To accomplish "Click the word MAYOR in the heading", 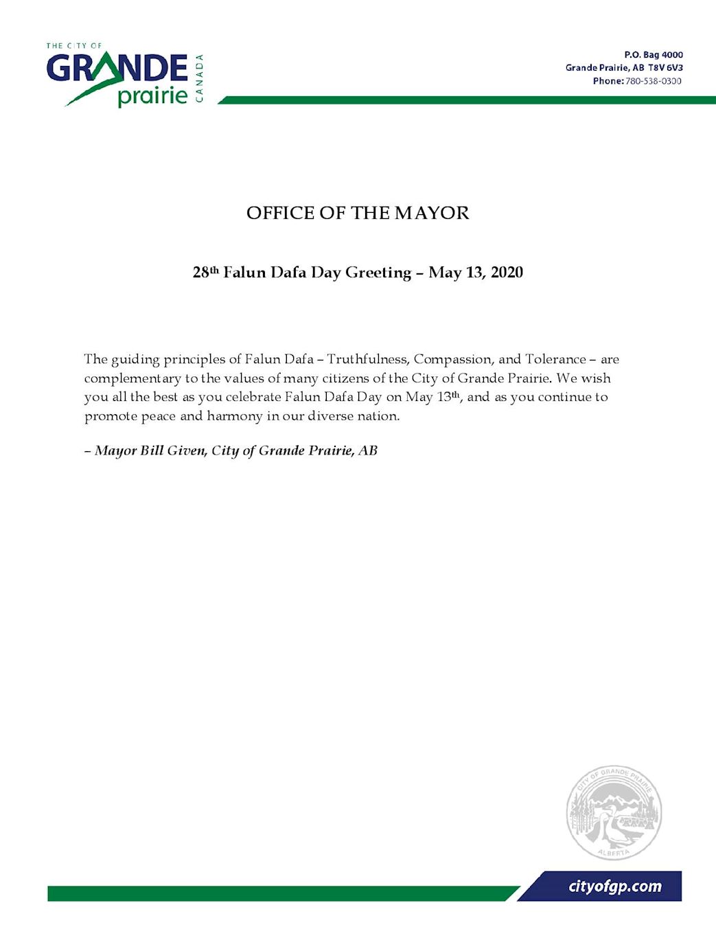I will pyautogui.click(x=432, y=213).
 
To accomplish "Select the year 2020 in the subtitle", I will pyautogui.click(x=507, y=273).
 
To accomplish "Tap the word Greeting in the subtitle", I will pyautogui.click(x=378, y=273).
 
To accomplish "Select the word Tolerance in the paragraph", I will pyautogui.click(x=555, y=359).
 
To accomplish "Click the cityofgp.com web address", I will pyautogui.click(x=615, y=886).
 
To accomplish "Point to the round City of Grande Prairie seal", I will pyautogui.click(x=614, y=812).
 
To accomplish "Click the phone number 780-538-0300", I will pyautogui.click(x=653, y=81).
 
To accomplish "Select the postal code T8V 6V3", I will pyautogui.click(x=665, y=67).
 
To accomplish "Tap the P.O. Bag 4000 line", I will pyautogui.click(x=653, y=54).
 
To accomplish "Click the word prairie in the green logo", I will pyautogui.click(x=152, y=96).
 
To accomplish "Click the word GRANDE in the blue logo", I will pyautogui.click(x=117, y=69).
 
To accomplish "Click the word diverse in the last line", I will pyautogui.click(x=331, y=416).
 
